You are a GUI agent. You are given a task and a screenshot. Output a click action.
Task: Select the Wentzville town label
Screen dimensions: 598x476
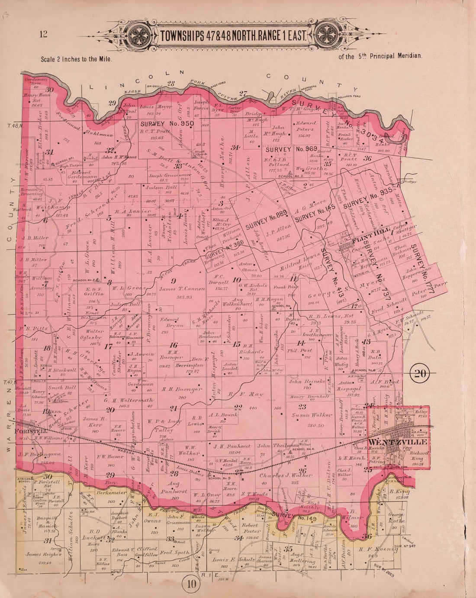coord(397,442)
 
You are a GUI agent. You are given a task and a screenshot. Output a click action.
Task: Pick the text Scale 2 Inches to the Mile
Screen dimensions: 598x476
coord(77,59)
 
